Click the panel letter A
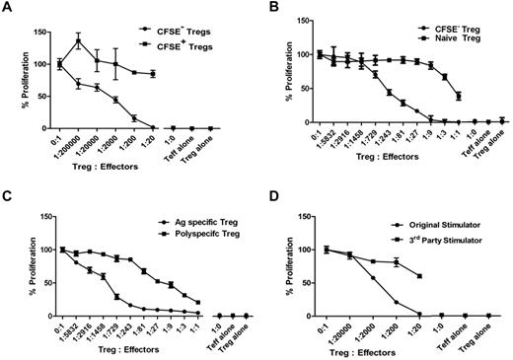(9, 9)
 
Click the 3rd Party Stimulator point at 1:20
(421, 276)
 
